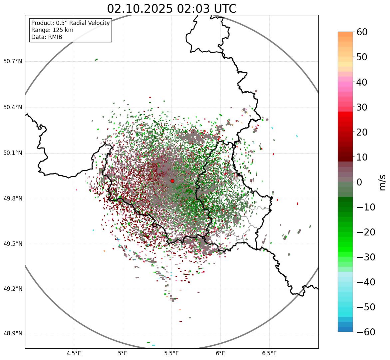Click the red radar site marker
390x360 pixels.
tap(172, 181)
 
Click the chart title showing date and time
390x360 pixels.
tap(172, 9)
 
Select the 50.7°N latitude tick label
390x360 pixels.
tap(13, 61)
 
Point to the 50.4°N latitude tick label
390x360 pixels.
tap(13, 107)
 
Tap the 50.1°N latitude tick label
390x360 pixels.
tap(13, 153)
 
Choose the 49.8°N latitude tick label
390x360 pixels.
tap(13, 199)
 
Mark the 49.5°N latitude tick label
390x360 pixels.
tap(13, 244)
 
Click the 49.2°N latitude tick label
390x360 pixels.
tap(13, 289)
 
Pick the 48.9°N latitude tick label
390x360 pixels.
tap(13, 334)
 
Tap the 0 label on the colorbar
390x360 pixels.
tap(359, 182)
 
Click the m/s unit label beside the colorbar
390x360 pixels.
tap(383, 182)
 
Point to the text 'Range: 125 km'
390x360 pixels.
tap(52, 30)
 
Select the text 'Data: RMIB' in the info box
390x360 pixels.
tap(47, 37)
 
